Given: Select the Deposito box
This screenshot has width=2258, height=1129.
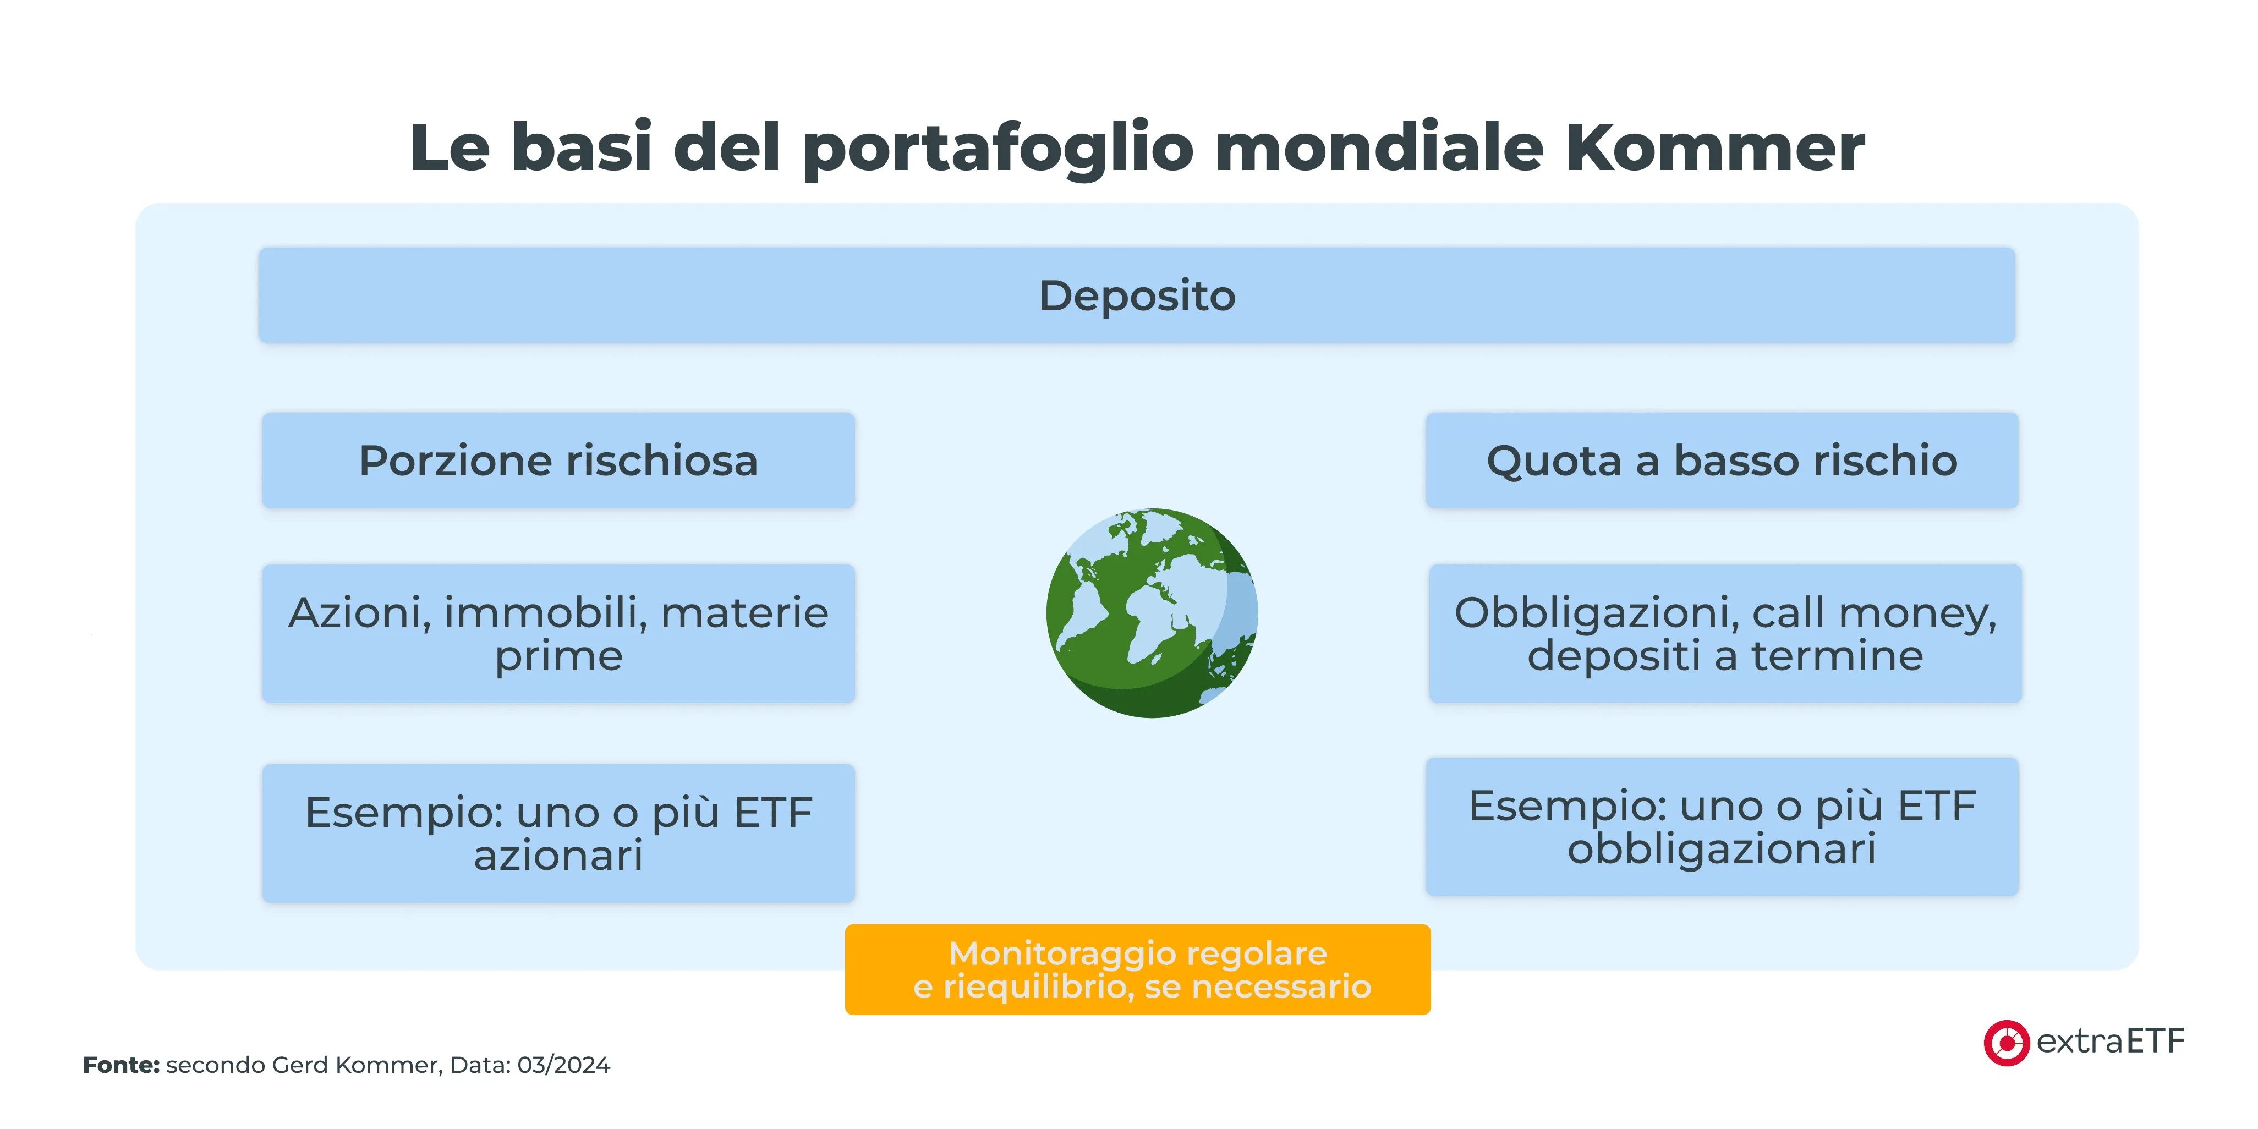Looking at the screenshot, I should tap(1136, 295).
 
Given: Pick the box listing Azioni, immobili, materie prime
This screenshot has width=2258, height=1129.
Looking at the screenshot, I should tap(558, 633).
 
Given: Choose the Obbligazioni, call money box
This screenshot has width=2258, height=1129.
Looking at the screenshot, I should tap(1724, 633).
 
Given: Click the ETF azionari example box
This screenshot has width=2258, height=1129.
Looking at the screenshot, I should tap(558, 833).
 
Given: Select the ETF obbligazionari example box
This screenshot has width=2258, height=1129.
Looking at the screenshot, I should tap(1722, 826).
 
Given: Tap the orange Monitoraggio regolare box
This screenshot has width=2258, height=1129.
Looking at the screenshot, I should tap(1137, 969).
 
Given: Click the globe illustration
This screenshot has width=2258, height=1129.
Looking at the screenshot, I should tap(1152, 613).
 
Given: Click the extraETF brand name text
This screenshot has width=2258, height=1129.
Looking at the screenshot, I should tap(2110, 1042).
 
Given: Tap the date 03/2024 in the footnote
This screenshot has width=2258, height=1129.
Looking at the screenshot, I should tap(563, 1065).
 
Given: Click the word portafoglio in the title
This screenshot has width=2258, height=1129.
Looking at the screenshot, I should tap(998, 147).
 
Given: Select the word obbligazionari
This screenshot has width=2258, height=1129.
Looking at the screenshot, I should tap(1722, 848).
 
